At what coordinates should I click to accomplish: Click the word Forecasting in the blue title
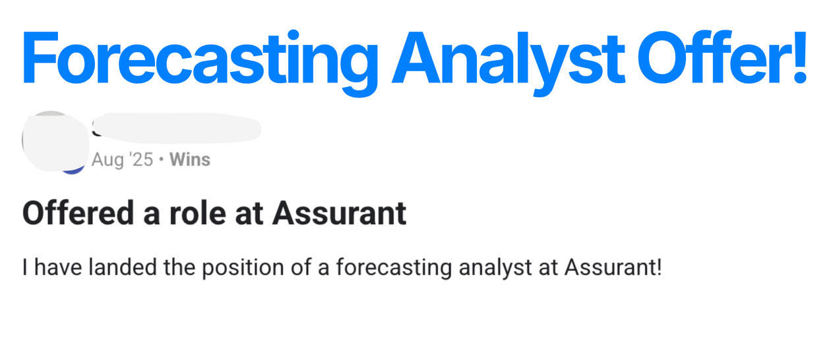pyautogui.click(x=200, y=62)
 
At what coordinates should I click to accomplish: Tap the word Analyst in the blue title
pyautogui.click(x=508, y=62)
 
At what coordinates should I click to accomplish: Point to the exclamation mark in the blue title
pyautogui.click(x=800, y=57)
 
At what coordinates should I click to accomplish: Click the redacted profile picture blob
pyautogui.click(x=55, y=141)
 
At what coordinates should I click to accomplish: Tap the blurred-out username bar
pyautogui.click(x=177, y=129)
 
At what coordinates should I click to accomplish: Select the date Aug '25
pyautogui.click(x=122, y=160)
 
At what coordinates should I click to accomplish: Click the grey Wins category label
pyautogui.click(x=190, y=160)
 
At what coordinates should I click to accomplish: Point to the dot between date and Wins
pyautogui.click(x=161, y=160)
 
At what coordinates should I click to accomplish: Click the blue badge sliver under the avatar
pyautogui.click(x=73, y=171)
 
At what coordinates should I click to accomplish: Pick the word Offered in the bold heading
pyautogui.click(x=78, y=213)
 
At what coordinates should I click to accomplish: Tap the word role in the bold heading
pyautogui.click(x=197, y=213)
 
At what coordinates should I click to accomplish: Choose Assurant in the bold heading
pyautogui.click(x=339, y=213)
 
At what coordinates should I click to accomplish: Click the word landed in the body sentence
pyautogui.click(x=123, y=267)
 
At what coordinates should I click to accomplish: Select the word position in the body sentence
pyautogui.click(x=243, y=268)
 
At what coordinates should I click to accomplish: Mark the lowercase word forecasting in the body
pyautogui.click(x=394, y=268)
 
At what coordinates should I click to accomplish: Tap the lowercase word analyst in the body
pyautogui.click(x=495, y=268)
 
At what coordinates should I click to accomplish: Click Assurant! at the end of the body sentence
pyautogui.click(x=613, y=267)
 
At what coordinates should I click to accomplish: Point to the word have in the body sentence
pyautogui.click(x=58, y=267)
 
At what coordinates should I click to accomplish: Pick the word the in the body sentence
pyautogui.click(x=179, y=267)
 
